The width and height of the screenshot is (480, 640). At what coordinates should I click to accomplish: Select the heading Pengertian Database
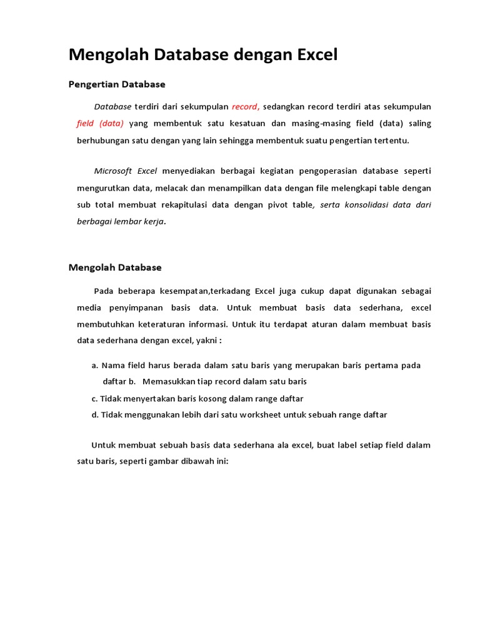pyautogui.click(x=117, y=84)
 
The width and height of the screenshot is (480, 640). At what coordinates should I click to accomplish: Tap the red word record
pyautogui.click(x=244, y=106)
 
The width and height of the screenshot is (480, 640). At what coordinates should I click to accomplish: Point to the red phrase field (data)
pyautogui.click(x=100, y=123)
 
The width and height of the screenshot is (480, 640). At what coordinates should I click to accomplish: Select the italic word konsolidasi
pyautogui.click(x=366, y=204)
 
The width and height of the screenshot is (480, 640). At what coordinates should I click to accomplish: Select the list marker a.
pyautogui.click(x=94, y=365)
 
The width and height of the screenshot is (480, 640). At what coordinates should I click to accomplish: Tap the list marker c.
pyautogui.click(x=94, y=398)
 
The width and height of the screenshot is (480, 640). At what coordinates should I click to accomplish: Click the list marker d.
pyautogui.click(x=94, y=414)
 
